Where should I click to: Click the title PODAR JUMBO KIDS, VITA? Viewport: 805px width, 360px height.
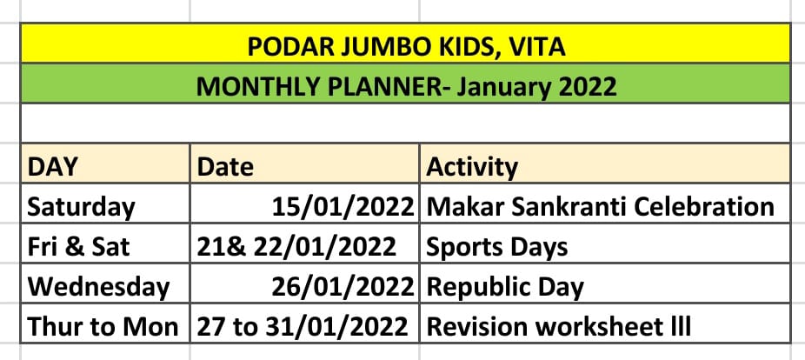tap(406, 47)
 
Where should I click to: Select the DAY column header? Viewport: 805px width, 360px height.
tap(52, 167)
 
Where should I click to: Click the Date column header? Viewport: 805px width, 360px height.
tap(225, 167)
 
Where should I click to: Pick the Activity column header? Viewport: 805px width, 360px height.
tap(472, 168)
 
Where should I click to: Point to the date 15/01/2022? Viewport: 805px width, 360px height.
tap(343, 207)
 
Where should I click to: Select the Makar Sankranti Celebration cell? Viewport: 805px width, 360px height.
tap(600, 207)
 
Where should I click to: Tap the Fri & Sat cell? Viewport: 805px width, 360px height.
tap(78, 247)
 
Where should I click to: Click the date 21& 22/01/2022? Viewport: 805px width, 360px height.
tap(296, 247)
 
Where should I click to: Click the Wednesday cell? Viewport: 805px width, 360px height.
tap(98, 287)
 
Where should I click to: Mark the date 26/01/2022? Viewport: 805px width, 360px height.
tap(343, 287)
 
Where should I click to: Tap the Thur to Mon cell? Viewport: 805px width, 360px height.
tap(103, 327)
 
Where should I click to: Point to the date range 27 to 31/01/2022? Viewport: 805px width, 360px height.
tap(303, 327)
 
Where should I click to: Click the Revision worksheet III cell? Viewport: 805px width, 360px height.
tap(559, 327)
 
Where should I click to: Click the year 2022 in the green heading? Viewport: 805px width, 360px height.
tap(585, 86)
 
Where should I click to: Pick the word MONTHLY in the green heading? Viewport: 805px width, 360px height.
tap(259, 86)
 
